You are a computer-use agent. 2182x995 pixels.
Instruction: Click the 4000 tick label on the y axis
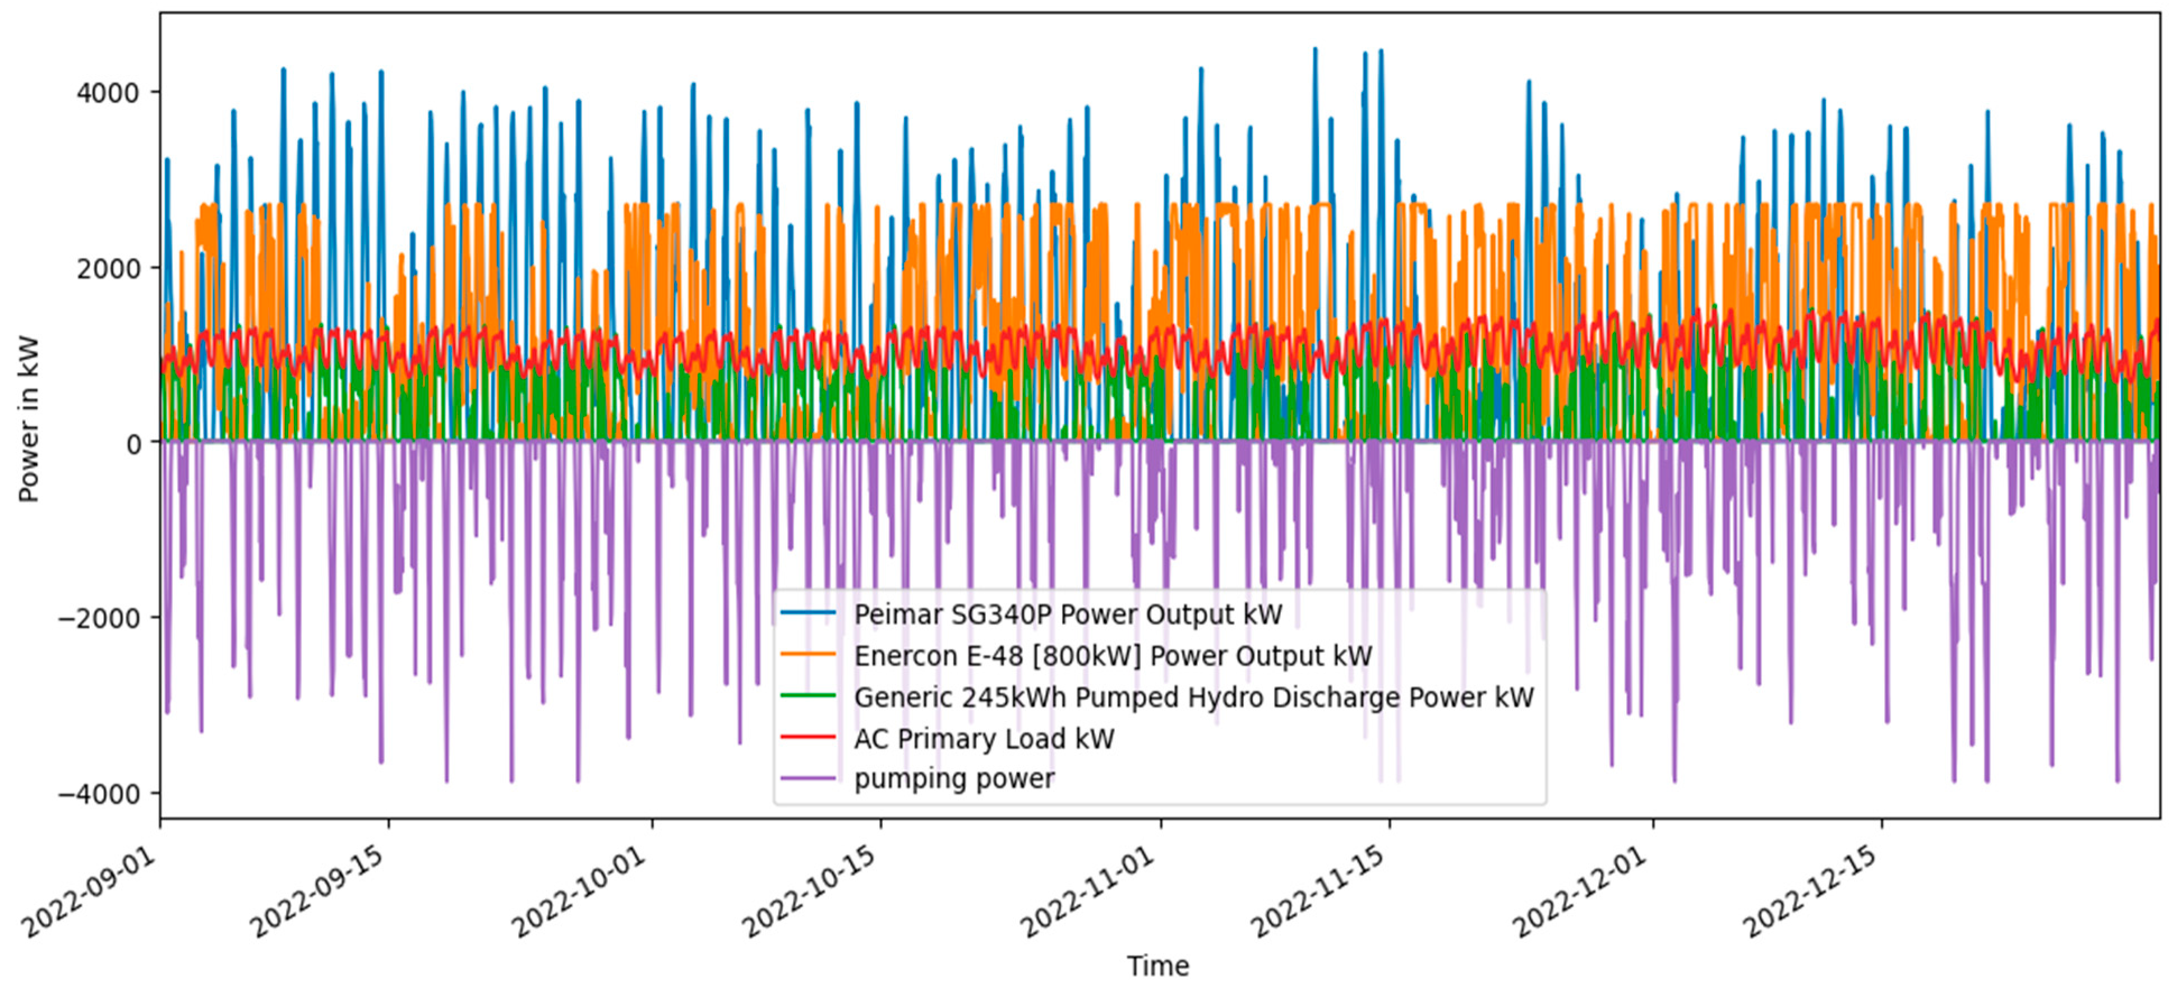coord(108,92)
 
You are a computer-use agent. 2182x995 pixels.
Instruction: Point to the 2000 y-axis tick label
coord(108,269)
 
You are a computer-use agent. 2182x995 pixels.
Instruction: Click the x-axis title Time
coord(1157,965)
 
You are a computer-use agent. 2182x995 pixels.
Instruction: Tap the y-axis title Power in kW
coord(29,418)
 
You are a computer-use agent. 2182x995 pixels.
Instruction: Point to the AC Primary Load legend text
coord(984,738)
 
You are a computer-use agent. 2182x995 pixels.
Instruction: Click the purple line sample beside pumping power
coord(807,778)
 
